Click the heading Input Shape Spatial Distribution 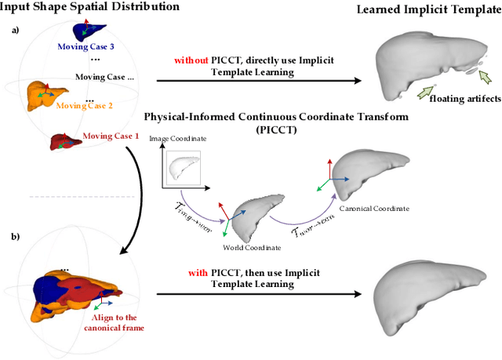[x=90, y=7]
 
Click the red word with [x=198, y=273]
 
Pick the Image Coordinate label [x=185, y=138]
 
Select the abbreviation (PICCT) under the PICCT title [x=260, y=131]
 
